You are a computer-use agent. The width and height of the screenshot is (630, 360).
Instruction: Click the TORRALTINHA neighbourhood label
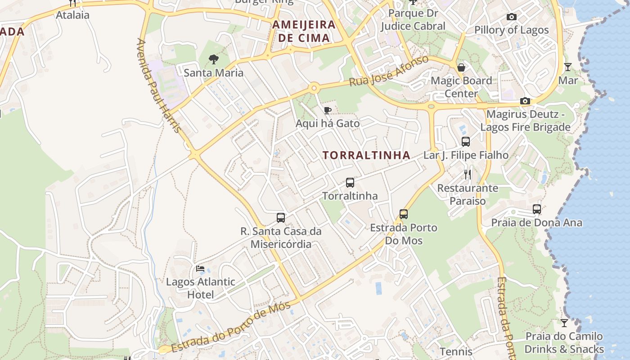pos(366,155)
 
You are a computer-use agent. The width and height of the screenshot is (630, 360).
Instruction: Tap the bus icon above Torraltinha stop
pos(350,183)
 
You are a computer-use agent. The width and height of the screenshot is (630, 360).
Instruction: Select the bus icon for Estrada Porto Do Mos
pos(404,214)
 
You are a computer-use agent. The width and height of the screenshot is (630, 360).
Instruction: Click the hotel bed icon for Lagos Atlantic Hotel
pos(200,269)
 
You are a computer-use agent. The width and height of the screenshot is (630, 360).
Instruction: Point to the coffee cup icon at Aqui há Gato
pos(328,110)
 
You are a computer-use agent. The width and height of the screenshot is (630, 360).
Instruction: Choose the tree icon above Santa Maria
pos(213,59)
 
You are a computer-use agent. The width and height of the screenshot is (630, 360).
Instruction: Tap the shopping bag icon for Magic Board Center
pos(461,67)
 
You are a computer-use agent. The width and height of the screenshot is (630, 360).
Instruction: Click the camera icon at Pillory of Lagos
pos(512,17)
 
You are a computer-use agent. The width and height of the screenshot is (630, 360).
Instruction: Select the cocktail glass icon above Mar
pos(568,67)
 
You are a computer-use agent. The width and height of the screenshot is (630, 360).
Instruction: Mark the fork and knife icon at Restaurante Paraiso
pos(468,174)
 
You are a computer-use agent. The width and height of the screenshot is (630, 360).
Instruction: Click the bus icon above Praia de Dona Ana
pos(536,209)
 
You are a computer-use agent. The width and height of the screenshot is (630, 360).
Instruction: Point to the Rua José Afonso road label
pos(389,71)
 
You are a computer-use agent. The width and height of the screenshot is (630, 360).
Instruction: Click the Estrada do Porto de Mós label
pos(231,327)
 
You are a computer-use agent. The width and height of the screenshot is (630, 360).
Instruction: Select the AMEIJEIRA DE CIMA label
pos(304,31)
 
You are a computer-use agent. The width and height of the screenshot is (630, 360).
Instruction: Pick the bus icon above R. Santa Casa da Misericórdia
pos(281,218)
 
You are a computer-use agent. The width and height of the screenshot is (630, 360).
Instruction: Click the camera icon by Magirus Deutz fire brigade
pos(525,101)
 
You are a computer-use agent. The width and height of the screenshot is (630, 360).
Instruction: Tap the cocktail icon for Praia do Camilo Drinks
pos(564,323)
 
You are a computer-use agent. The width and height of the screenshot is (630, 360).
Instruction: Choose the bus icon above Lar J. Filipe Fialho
pos(466,142)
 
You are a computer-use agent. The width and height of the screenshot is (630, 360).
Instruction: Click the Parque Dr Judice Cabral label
pos(413,20)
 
